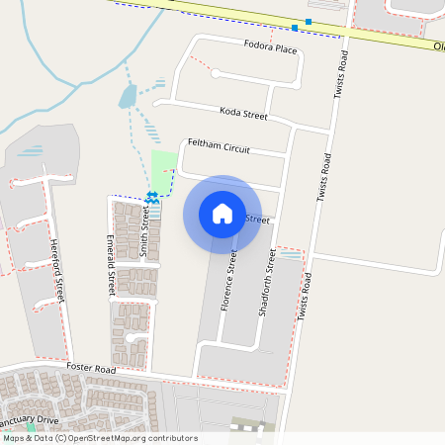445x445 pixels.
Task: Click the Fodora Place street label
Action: [x=270, y=47]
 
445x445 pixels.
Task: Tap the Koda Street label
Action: [x=244, y=115]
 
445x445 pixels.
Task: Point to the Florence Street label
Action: [x=228, y=279]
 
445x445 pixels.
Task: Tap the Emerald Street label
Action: [x=112, y=266]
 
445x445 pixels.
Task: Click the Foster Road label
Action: [x=91, y=369]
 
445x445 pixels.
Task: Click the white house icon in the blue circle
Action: [x=222, y=214]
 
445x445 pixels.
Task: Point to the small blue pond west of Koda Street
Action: [x=128, y=96]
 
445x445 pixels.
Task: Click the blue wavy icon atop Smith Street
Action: [x=152, y=201]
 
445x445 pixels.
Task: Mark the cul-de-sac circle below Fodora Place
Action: [x=216, y=73]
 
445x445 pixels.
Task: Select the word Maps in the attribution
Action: [x=13, y=438]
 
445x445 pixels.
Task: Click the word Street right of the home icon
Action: [x=256, y=220]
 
